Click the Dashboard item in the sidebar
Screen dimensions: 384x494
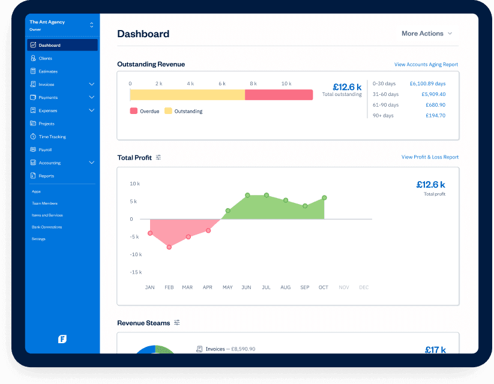pos(49,45)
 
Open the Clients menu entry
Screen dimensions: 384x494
pos(45,58)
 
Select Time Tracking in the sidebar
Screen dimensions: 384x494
pos(52,137)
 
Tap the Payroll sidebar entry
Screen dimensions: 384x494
pos(45,149)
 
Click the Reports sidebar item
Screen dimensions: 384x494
pos(46,176)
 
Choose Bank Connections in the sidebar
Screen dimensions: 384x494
pos(47,227)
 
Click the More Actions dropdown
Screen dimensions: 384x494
pos(427,34)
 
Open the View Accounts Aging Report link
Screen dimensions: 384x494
pos(426,64)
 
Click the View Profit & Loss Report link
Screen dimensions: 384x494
pos(430,157)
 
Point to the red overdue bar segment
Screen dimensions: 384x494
pos(279,95)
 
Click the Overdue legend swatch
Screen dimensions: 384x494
pos(133,111)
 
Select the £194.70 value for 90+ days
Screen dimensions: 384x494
pos(435,115)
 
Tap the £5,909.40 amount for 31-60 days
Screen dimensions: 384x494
pos(433,94)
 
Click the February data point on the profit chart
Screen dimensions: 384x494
pos(169,247)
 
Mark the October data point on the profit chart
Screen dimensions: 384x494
pos(324,197)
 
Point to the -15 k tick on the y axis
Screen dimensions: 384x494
pos(135,272)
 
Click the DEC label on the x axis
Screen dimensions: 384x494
pos(364,287)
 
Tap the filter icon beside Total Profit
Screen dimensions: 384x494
pos(158,157)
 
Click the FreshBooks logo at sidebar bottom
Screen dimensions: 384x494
pos(62,339)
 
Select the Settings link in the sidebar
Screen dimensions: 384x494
pos(38,239)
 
